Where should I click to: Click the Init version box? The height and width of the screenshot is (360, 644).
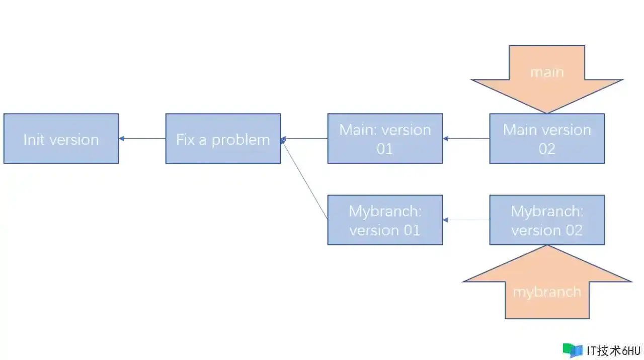61,138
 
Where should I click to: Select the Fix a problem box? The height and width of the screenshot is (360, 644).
223,138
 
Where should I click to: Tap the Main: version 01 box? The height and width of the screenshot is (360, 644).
385,138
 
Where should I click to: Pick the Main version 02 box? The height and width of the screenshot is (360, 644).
547,138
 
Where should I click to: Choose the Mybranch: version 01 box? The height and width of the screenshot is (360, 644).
385,220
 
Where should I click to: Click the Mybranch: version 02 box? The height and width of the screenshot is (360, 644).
547,220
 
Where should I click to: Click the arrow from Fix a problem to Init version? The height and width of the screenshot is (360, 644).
142,138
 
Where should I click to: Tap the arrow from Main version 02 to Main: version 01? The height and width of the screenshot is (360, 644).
466,138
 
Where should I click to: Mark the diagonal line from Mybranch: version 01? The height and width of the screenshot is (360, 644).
305,180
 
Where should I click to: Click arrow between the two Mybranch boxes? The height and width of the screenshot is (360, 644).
466,220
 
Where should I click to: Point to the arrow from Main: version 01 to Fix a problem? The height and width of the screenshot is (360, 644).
304,138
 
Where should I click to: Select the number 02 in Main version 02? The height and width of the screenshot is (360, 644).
547,149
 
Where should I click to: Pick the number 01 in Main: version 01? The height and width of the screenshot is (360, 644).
385,149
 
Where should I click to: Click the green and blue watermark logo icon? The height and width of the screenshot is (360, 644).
573,350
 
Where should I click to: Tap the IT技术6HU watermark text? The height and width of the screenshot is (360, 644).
613,351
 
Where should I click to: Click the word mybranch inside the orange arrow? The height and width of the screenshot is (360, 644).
547,293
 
